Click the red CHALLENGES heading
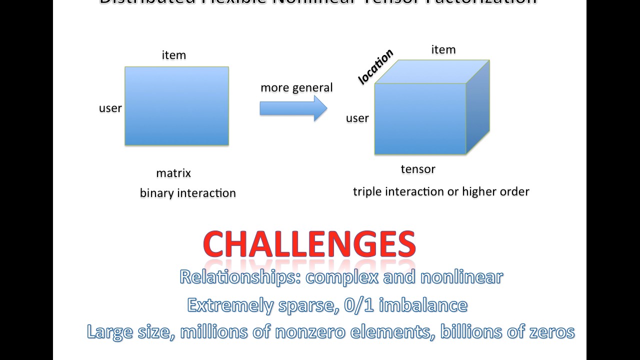coord(309,244)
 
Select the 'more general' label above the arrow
coord(296,88)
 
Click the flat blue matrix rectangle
coord(176,106)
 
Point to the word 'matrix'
coord(173,173)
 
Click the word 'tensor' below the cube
coord(418,169)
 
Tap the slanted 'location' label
coord(376,66)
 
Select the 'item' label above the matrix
coord(174,55)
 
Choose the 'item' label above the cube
coord(443,49)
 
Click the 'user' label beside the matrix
coord(110,108)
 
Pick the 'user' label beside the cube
coord(357,118)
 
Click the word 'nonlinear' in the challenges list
coord(461,277)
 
